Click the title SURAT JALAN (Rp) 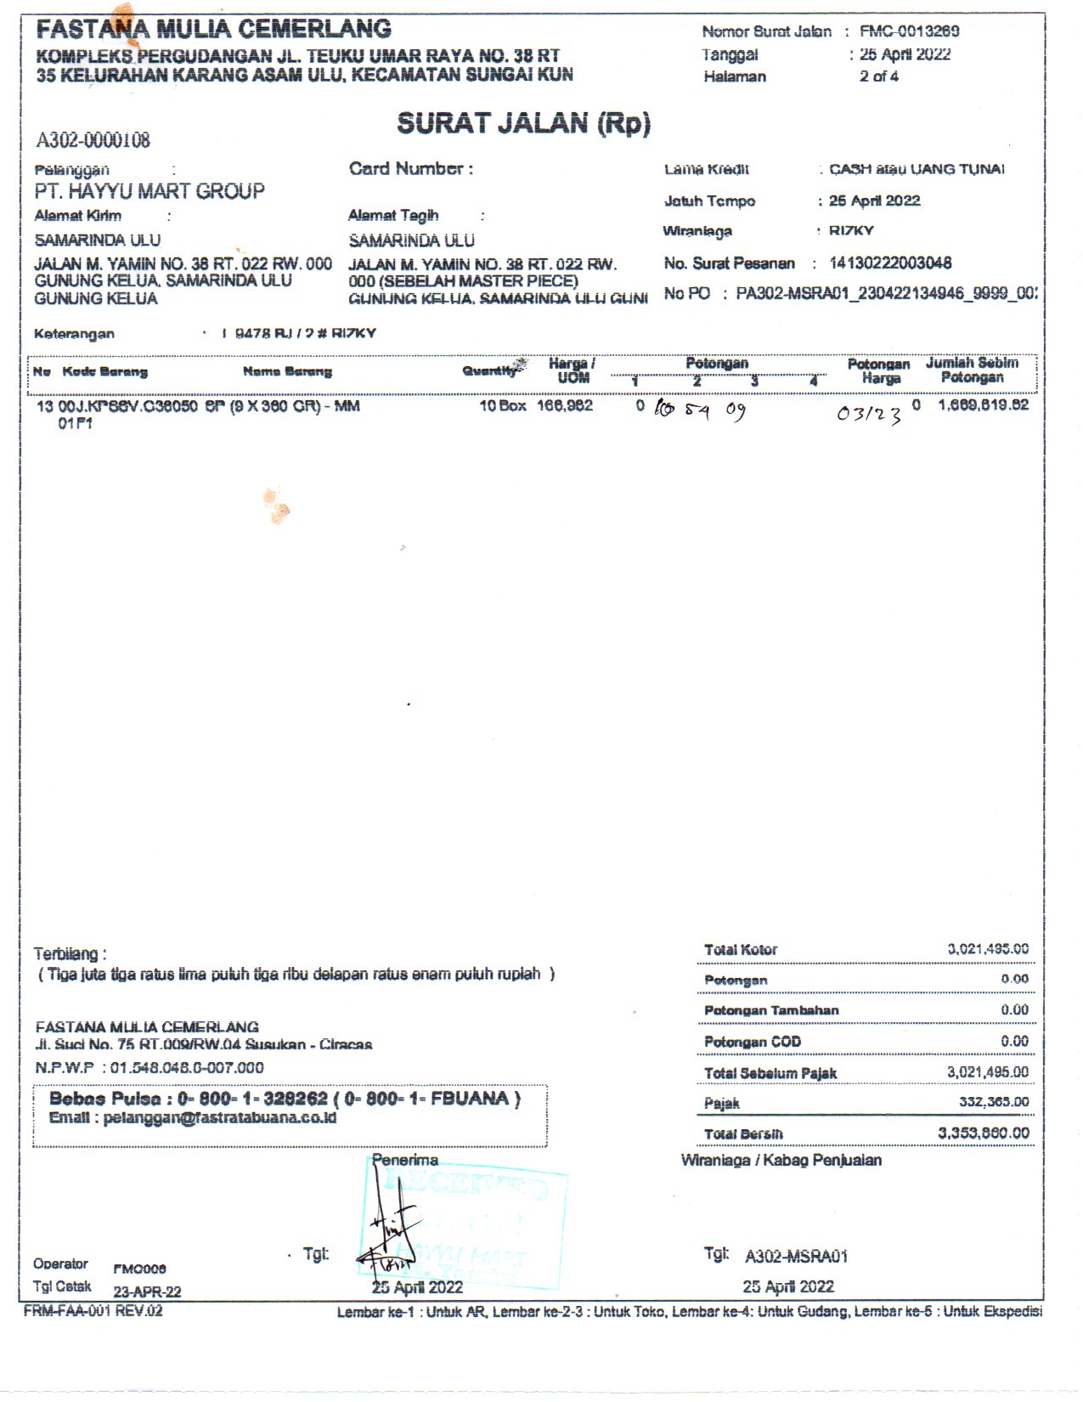523,124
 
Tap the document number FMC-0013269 909,31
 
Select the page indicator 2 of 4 878,76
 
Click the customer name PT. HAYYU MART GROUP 149,191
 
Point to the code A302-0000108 93,140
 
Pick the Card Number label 410,168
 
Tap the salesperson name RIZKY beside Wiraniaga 851,231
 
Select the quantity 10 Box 502,406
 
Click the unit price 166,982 564,406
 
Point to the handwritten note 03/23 868,414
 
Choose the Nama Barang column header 287,371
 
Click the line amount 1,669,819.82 983,405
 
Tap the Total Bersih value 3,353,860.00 983,1133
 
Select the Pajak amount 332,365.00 993,1102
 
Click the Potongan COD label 752,1042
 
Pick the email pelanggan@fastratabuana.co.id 219,1118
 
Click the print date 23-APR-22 147,1292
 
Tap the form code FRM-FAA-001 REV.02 93,1311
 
